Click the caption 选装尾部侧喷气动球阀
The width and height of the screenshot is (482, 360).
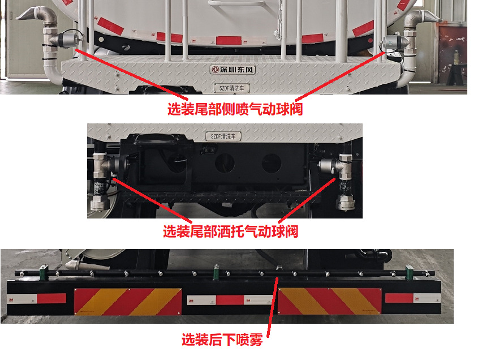click(x=235, y=109)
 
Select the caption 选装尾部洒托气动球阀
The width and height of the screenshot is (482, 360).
click(x=230, y=231)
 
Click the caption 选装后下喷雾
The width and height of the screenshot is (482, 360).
click(x=222, y=340)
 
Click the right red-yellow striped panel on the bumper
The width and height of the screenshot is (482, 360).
click(x=330, y=301)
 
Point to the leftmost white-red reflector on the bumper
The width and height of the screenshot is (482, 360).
click(x=36, y=298)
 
